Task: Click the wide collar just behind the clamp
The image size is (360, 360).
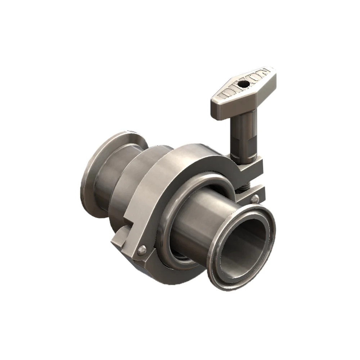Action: coord(144,187)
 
